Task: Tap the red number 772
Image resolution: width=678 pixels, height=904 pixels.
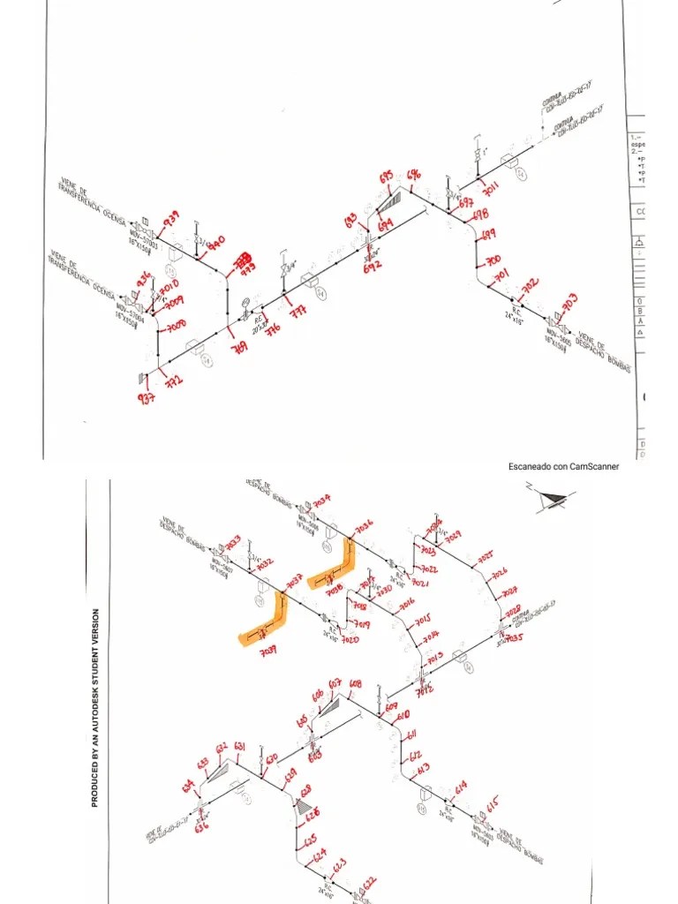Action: [x=174, y=380]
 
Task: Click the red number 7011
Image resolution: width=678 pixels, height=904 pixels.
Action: [x=491, y=187]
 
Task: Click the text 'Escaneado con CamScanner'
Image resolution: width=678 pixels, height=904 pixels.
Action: [x=563, y=466]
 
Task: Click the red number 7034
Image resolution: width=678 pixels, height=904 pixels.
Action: [x=321, y=500]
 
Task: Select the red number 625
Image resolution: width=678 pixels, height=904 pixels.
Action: [x=310, y=842]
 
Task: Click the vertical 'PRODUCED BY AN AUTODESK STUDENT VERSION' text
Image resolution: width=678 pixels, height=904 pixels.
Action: [x=95, y=707]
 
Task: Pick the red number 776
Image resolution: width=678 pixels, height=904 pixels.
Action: [x=273, y=329]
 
